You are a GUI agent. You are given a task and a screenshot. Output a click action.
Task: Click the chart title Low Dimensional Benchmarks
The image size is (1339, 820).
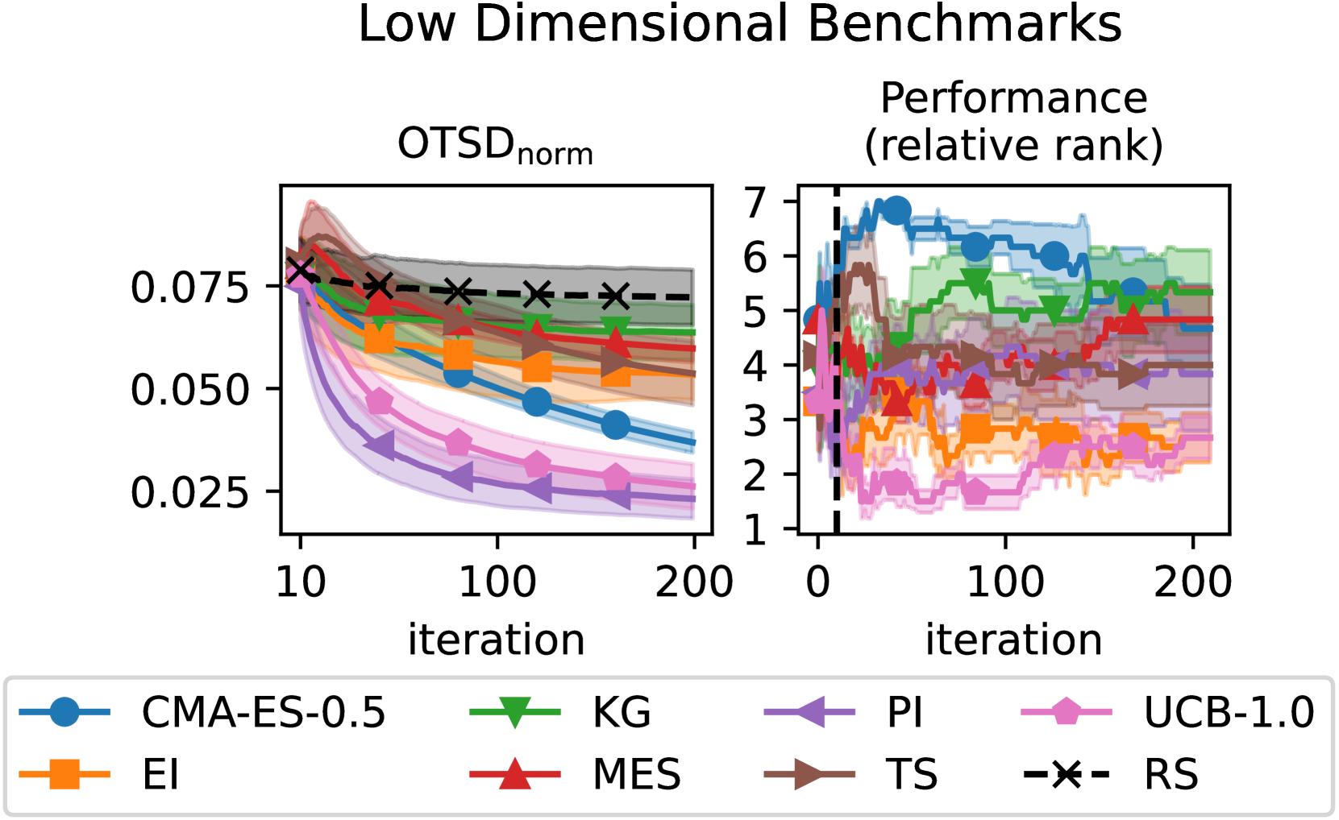point(739,24)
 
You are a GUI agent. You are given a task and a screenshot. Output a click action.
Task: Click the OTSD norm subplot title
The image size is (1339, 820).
point(495,146)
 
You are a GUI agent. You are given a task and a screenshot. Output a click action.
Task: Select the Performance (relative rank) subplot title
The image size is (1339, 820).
point(1013,122)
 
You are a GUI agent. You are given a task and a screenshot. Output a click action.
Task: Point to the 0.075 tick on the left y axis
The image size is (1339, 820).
point(190,288)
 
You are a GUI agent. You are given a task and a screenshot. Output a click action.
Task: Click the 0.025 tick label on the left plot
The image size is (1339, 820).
point(190,492)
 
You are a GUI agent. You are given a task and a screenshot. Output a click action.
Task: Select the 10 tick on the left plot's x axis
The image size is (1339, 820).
point(301,582)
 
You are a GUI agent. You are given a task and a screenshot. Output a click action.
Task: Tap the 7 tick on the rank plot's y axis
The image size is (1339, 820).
point(755,202)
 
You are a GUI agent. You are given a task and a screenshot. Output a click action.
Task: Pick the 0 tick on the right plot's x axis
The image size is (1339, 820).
point(818,582)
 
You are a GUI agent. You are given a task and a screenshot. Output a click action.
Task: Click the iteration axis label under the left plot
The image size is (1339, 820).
point(496,640)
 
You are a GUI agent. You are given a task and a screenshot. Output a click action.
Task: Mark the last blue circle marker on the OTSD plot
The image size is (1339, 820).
point(616,424)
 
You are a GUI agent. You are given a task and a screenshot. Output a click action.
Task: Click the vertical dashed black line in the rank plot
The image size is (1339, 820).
point(836,362)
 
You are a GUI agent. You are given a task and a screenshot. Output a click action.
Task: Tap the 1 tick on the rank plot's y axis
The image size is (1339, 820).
point(755,530)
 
